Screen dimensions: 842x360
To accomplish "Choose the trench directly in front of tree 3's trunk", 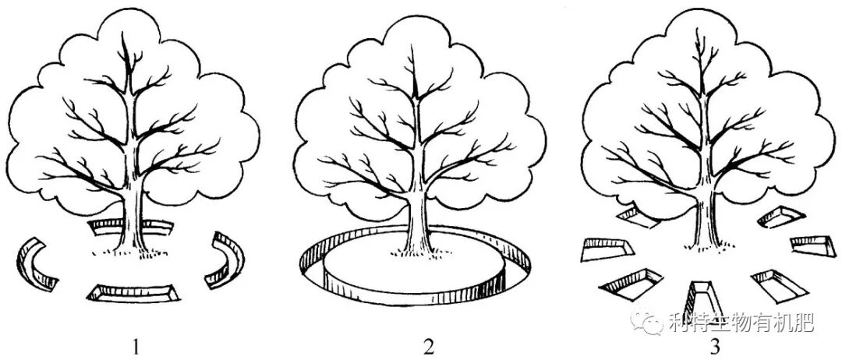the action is tap(698, 298).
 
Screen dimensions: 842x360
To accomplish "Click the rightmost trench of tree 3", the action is tap(811, 245).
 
